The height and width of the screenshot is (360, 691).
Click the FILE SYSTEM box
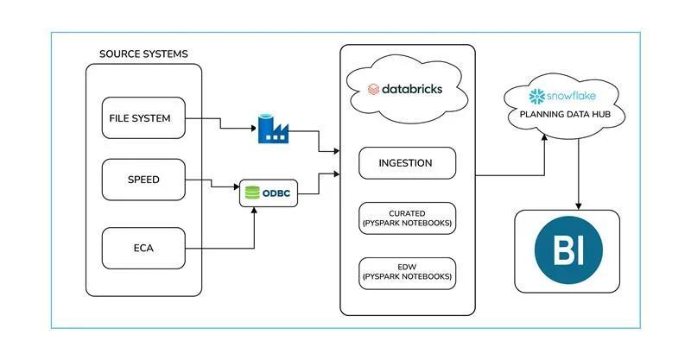(x=143, y=117)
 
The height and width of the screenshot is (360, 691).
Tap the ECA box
(x=143, y=247)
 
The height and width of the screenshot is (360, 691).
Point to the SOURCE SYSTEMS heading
(x=143, y=54)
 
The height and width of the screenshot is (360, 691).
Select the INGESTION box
(x=405, y=162)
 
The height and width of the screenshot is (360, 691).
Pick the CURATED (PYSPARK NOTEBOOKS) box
(x=405, y=218)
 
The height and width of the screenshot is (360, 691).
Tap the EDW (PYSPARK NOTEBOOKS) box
(x=405, y=273)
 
